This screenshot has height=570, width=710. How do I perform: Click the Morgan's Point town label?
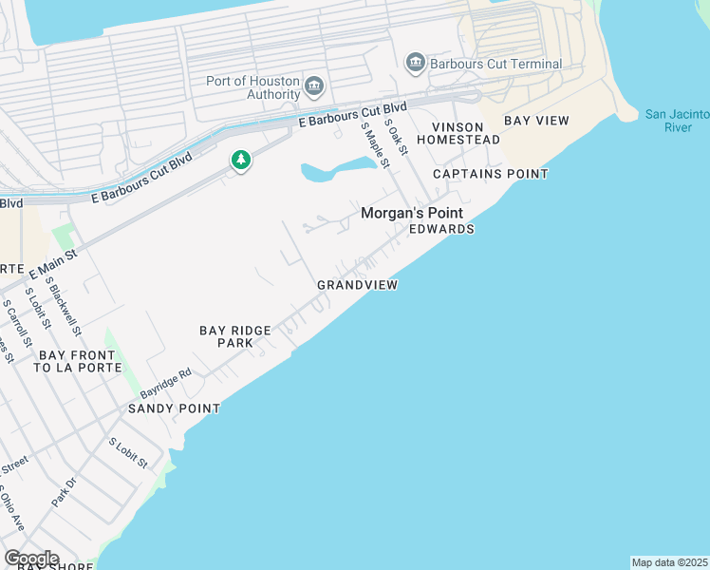(x=410, y=214)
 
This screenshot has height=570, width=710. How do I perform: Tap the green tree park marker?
(x=241, y=161)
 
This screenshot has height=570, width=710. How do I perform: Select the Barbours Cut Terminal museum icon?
(x=415, y=64)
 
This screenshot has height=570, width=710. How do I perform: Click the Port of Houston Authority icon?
(x=314, y=88)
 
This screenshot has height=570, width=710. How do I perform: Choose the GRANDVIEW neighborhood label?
(x=357, y=285)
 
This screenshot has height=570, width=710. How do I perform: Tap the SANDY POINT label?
(x=175, y=408)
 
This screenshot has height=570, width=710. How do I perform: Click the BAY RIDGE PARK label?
(x=235, y=336)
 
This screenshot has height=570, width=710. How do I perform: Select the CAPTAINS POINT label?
(x=490, y=174)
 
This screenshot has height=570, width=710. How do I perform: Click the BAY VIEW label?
(x=536, y=121)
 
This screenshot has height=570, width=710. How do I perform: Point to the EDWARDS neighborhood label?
(x=440, y=230)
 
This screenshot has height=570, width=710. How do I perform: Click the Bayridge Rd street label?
(x=166, y=383)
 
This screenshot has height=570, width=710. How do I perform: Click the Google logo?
(x=31, y=559)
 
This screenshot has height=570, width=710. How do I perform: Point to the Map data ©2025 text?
(x=669, y=562)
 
